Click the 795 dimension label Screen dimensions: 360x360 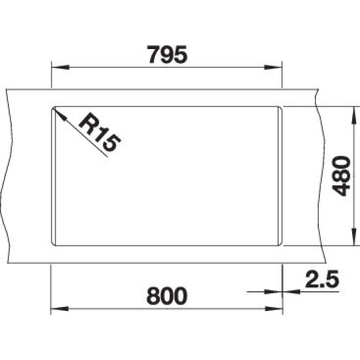167,54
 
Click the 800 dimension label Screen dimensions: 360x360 167,296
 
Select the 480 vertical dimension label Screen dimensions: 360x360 341,176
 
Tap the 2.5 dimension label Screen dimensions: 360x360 322,279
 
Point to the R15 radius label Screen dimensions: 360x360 99,132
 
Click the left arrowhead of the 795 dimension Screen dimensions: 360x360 60,67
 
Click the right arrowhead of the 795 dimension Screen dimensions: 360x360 273,67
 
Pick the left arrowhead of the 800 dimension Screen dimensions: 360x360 60,309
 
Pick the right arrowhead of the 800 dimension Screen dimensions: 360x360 274,309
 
